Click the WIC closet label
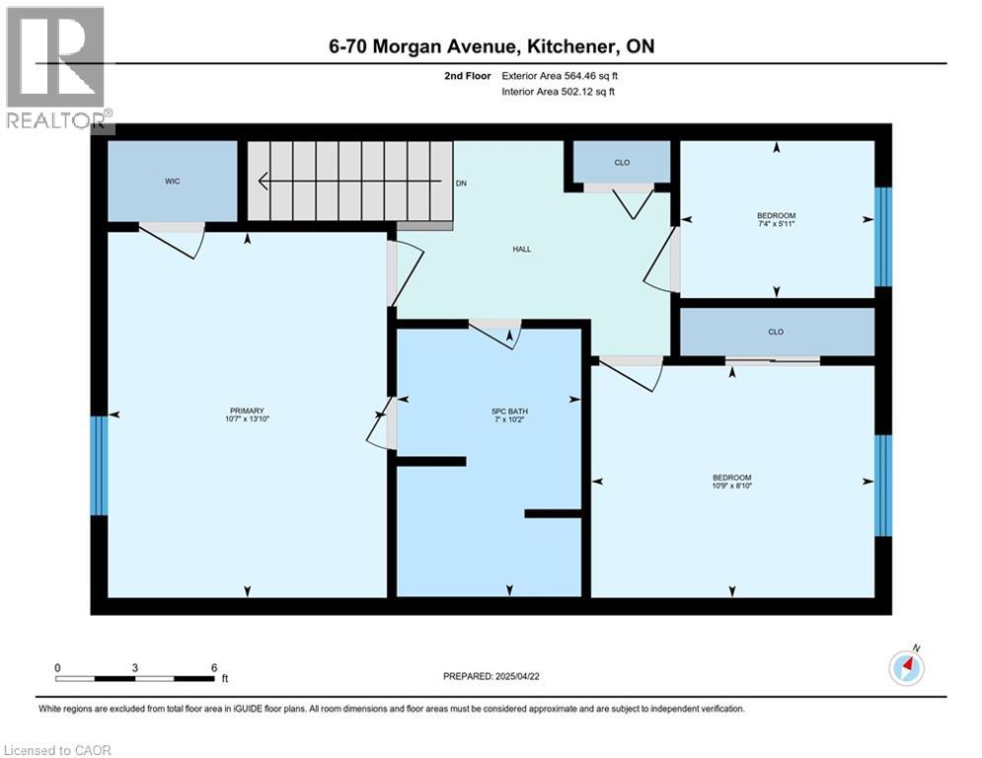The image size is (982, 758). tap(172, 182)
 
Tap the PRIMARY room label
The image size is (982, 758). tap(248, 411)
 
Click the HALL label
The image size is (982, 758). tap(522, 249)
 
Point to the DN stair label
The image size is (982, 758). tap(461, 184)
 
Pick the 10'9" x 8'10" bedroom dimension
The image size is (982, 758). tap(732, 486)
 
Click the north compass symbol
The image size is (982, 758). tap(905, 667)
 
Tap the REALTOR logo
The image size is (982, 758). tap(56, 69)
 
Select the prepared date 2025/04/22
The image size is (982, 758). tap(493, 676)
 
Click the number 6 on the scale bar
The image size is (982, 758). tap(214, 667)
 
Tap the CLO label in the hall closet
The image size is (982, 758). tap(622, 163)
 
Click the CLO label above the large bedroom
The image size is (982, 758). tap(776, 332)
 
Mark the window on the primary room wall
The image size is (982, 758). tap(98, 466)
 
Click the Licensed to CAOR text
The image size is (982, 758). tap(57, 750)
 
